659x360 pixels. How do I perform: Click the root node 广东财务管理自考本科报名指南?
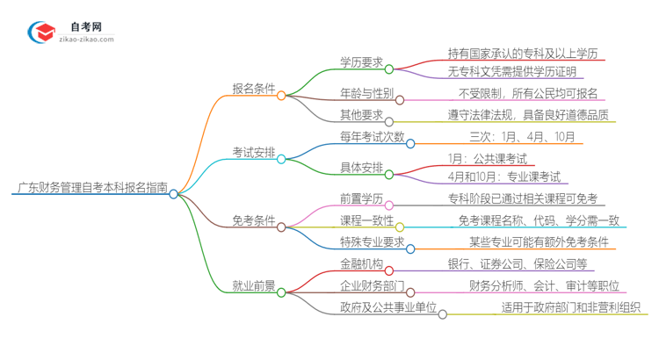click(91, 186)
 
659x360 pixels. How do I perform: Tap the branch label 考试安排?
click(253, 152)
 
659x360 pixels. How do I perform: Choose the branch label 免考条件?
click(253, 220)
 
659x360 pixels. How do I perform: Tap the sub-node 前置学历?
click(361, 198)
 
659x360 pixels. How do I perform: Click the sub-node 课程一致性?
click(366, 220)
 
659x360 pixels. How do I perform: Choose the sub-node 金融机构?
click(361, 263)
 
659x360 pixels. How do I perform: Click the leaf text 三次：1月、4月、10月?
click(522, 136)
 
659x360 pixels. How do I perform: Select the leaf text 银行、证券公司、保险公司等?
click(521, 263)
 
